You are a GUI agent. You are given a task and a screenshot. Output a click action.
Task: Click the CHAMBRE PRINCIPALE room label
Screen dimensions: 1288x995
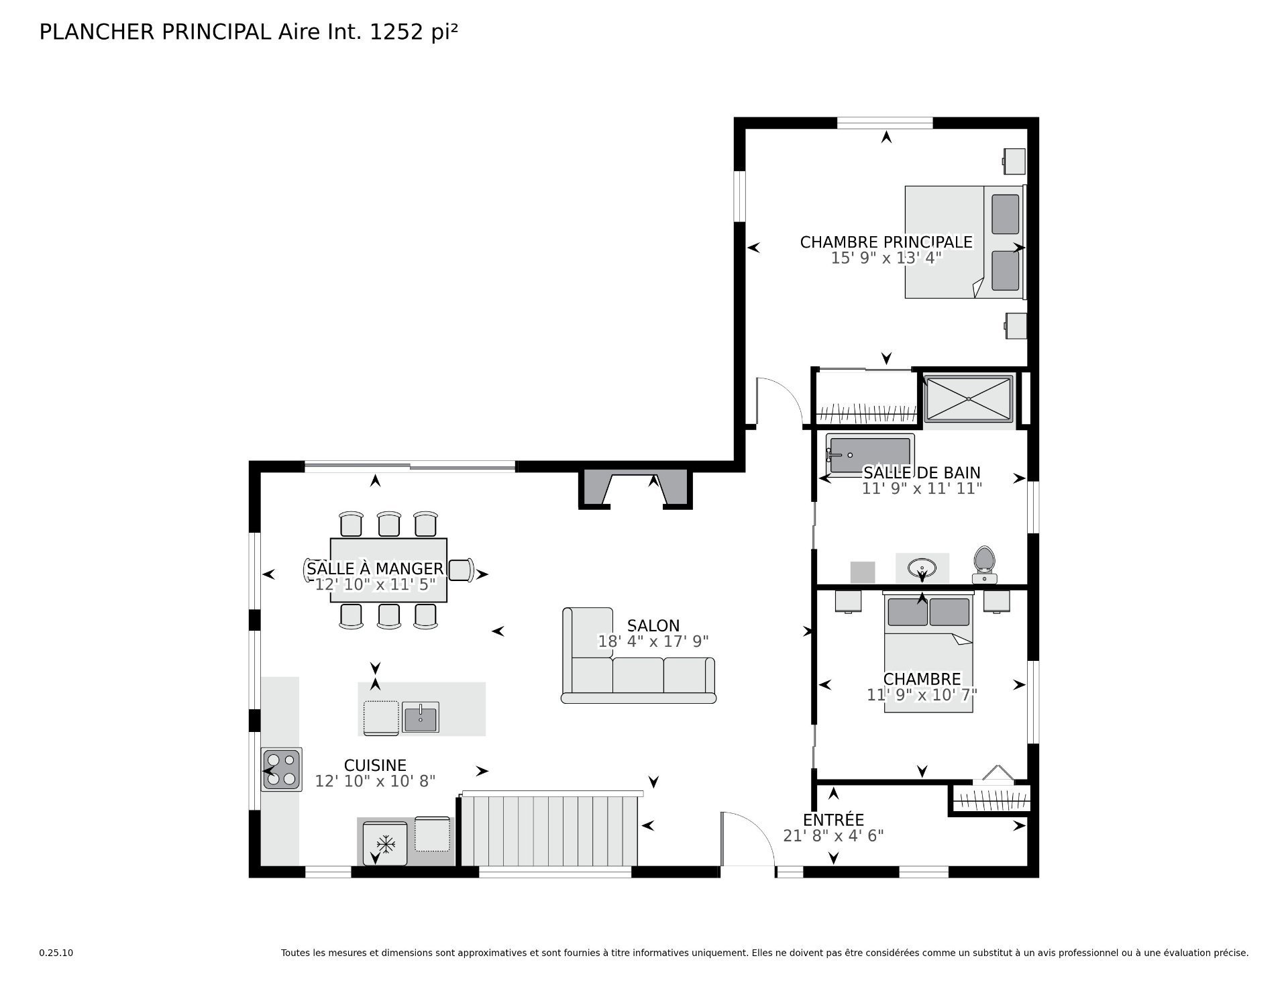(x=886, y=242)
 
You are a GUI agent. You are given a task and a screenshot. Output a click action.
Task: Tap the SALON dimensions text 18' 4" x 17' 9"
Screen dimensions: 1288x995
(x=653, y=641)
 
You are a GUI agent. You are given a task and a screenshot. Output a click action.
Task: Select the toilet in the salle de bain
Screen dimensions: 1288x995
(x=984, y=564)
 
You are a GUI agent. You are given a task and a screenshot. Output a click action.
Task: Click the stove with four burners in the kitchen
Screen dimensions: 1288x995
(x=282, y=770)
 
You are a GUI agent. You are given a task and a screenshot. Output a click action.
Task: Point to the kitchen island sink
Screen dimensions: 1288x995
(x=420, y=717)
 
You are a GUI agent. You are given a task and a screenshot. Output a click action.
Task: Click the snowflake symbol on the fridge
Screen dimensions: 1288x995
(x=385, y=843)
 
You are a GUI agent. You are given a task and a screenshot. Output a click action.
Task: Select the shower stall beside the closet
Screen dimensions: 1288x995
(x=968, y=399)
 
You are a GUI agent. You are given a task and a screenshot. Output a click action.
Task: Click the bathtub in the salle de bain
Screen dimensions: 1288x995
(x=869, y=455)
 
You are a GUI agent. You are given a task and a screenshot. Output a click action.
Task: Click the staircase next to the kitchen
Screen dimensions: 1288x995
(x=549, y=829)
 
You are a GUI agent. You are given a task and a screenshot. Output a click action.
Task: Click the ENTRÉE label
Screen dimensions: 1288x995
(x=833, y=820)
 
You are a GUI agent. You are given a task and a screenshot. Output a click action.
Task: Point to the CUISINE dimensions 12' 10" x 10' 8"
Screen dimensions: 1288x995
(x=375, y=781)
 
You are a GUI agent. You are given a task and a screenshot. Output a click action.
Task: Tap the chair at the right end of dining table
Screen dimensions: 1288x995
(x=461, y=570)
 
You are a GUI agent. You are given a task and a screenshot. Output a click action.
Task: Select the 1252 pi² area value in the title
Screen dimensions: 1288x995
(x=414, y=32)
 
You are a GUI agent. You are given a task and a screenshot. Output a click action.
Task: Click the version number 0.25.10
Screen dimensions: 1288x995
(x=56, y=953)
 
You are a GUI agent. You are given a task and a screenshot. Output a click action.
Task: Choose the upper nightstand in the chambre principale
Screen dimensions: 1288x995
(x=1014, y=160)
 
